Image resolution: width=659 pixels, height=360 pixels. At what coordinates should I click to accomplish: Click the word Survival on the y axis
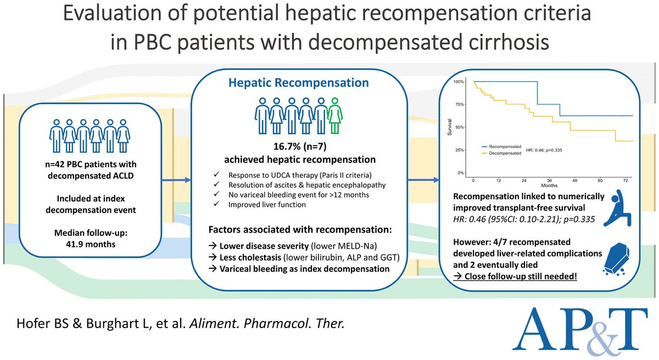449,128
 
